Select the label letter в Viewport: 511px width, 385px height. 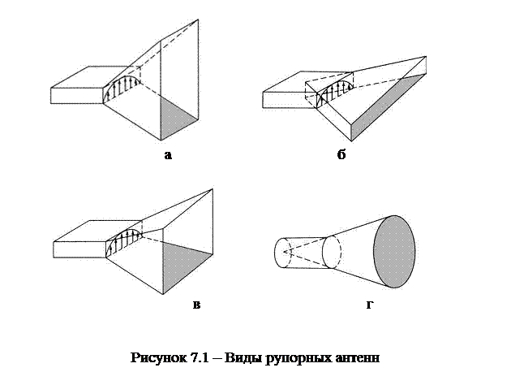(195, 305)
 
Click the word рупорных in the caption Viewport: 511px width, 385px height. (298, 357)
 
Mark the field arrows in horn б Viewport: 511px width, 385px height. (335, 91)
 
